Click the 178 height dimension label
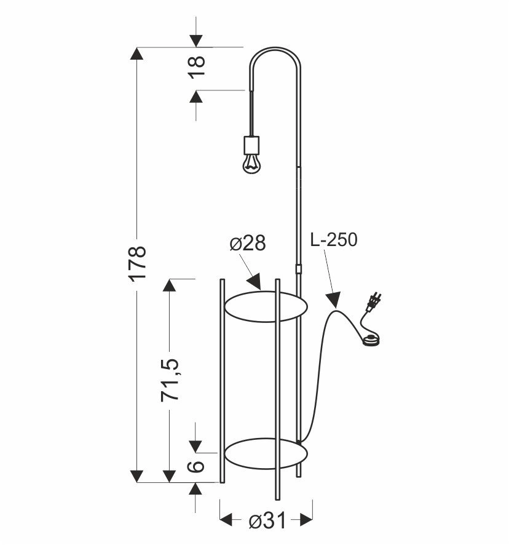pos(138,263)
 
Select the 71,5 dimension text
pos(172,381)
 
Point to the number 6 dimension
pos(196,466)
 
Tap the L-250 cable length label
pos(333,240)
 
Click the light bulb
pos(250,163)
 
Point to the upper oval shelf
pos(265,306)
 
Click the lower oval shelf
pos(265,454)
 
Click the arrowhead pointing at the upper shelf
pos(255,284)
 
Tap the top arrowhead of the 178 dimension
pos(137,53)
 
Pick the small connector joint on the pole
pos(299,269)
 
